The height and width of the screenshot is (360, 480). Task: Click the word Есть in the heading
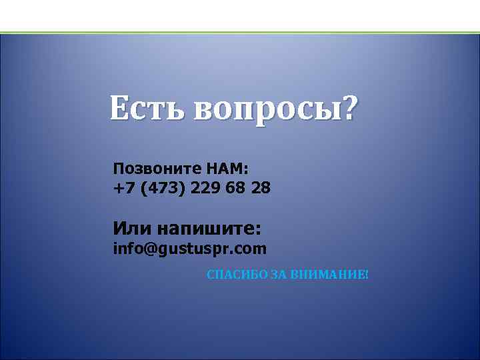click(147, 108)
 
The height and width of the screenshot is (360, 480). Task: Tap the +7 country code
click(124, 188)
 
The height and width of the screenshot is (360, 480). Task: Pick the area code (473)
click(163, 188)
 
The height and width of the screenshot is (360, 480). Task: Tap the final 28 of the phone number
click(261, 188)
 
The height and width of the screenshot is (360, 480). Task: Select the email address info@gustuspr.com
click(190, 249)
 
